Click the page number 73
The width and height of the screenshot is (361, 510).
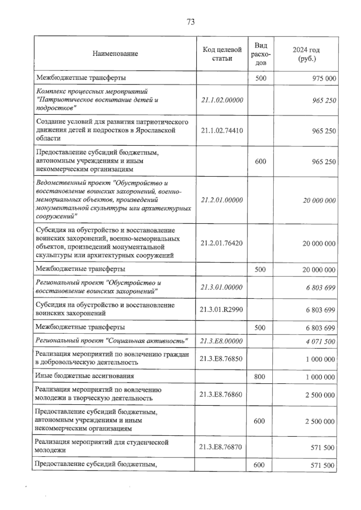[190, 22]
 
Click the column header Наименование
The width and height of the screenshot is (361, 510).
[115, 54]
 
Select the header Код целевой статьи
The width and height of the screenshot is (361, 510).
[222, 54]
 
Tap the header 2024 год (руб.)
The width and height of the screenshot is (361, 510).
[306, 54]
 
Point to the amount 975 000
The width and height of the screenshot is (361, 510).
[324, 78]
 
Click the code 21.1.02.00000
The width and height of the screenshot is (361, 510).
[222, 100]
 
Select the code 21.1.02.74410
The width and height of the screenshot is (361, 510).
[222, 131]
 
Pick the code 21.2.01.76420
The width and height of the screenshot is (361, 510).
[222, 243]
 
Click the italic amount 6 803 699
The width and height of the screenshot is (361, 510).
[320, 287]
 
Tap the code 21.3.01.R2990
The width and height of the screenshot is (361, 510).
[221, 309]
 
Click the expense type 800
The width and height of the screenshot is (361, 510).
[260, 376]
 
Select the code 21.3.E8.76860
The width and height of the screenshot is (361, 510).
[221, 394]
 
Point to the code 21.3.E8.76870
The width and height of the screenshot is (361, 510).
[221, 447]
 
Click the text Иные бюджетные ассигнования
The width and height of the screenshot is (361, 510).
[85, 376]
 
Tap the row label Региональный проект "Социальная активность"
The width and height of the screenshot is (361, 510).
[112, 341]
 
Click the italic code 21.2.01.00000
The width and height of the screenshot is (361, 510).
[222, 200]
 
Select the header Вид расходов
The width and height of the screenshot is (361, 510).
[261, 54]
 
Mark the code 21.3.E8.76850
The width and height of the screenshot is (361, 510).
[221, 358]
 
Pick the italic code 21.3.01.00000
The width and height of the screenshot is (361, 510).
[221, 287]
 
